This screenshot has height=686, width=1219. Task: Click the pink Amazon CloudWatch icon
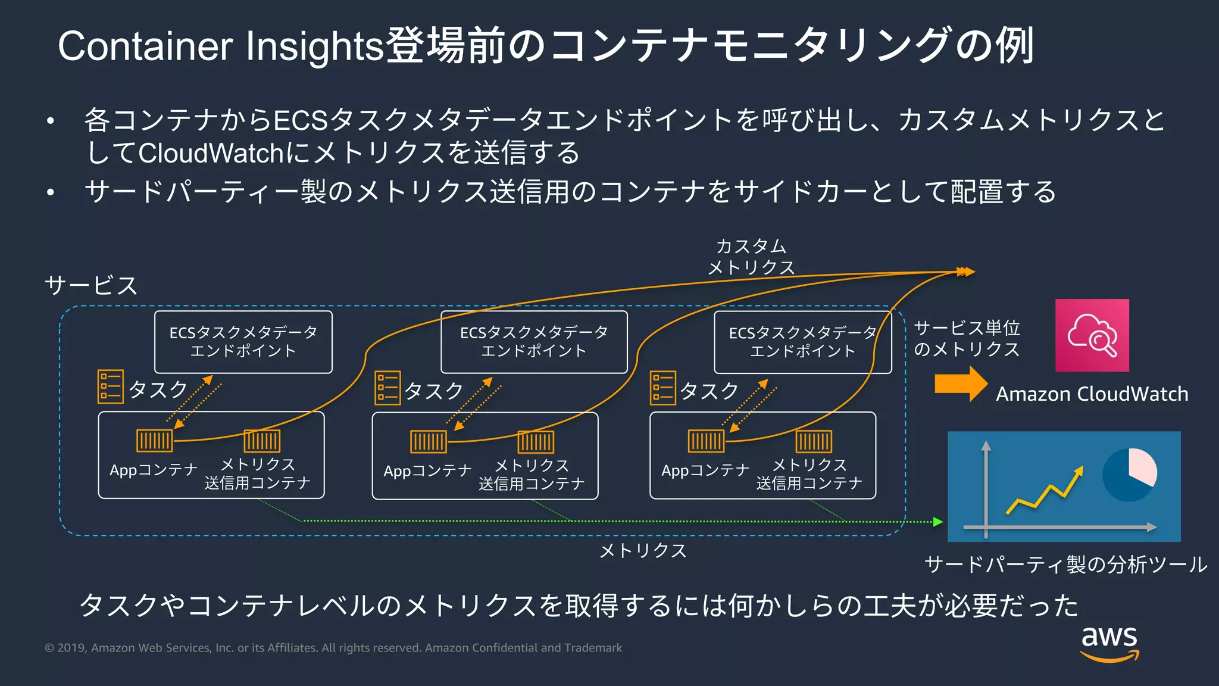tap(1092, 335)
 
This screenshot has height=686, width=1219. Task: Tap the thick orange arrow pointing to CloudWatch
tap(960, 384)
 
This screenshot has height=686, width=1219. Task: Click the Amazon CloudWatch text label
tap(1092, 394)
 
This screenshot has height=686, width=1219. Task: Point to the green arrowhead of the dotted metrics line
tap(938, 522)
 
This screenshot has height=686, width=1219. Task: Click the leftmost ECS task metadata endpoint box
tap(243, 342)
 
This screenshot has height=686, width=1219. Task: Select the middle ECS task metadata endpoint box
tap(533, 342)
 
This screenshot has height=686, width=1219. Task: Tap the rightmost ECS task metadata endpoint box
tap(802, 342)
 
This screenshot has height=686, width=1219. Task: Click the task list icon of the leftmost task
tap(111, 386)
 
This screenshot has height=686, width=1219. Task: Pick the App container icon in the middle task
tap(428, 441)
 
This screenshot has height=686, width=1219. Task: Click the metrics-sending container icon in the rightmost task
tap(814, 441)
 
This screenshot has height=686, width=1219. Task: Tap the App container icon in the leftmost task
tap(154, 441)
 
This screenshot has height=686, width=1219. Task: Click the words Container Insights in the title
tap(220, 46)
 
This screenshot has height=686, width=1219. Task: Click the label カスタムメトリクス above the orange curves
tap(751, 257)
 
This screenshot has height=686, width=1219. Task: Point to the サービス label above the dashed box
tap(91, 285)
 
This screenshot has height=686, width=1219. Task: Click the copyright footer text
tap(333, 648)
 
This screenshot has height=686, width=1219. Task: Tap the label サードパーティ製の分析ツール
tap(1065, 564)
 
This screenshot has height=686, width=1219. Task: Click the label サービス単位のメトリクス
tap(967, 338)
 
